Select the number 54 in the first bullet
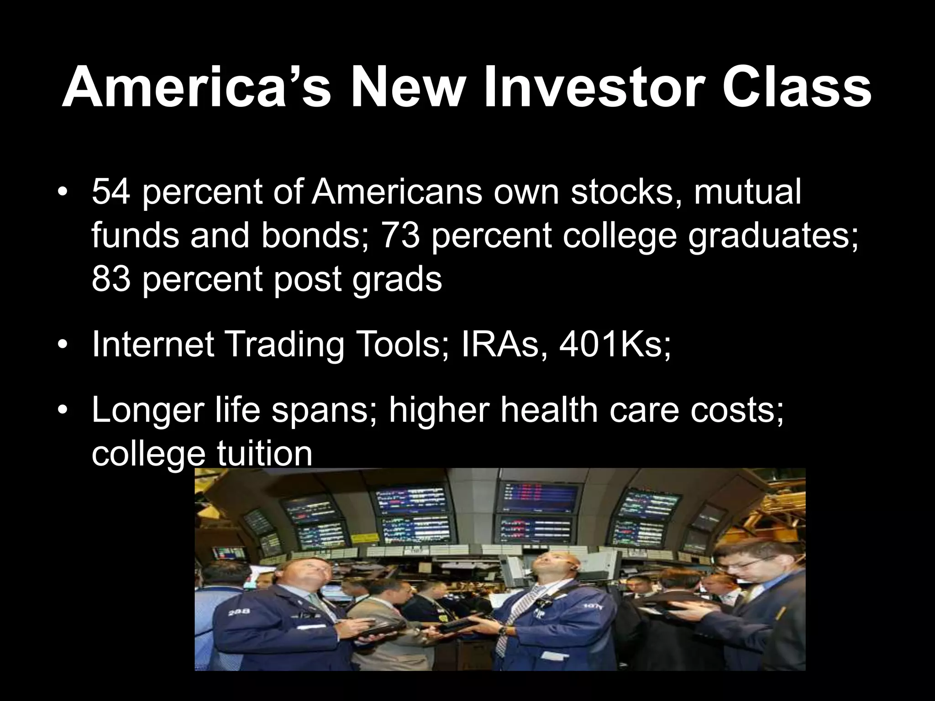click(x=111, y=192)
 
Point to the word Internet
click(x=153, y=345)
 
